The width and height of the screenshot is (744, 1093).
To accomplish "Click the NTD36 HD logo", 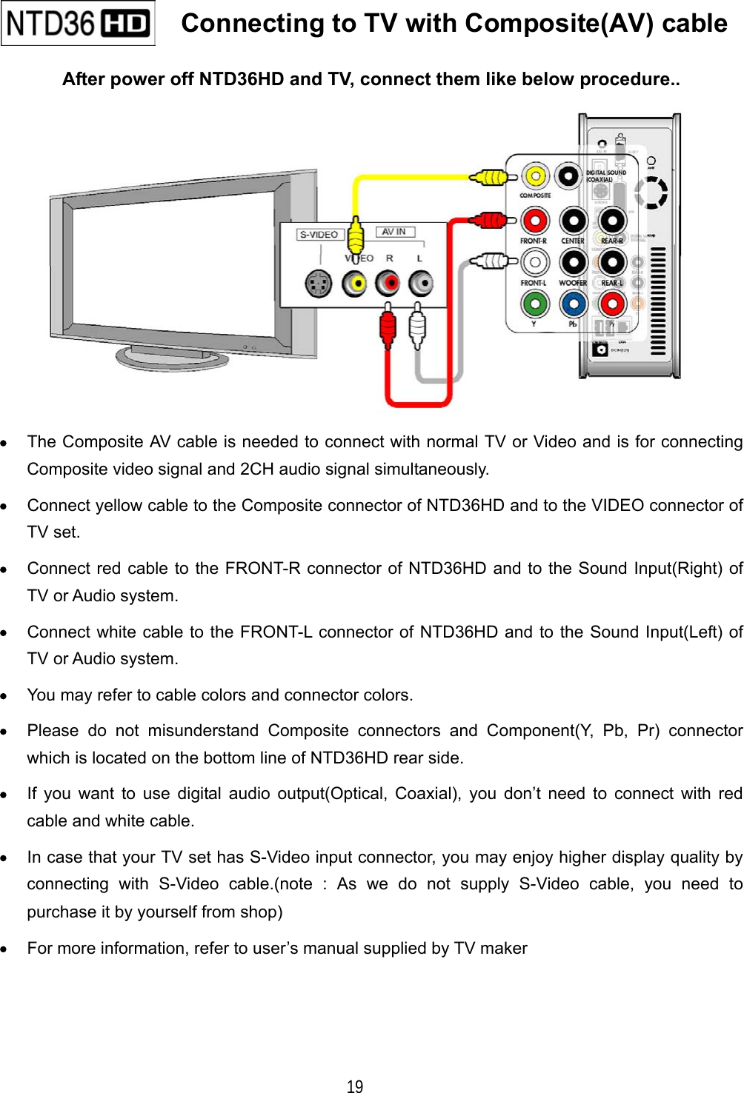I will coord(78,24).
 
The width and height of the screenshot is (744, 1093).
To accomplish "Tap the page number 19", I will coord(355,1086).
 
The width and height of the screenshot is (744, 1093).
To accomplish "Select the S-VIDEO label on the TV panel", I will coord(319,235).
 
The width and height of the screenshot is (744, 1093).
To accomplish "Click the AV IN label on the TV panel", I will coord(393,232).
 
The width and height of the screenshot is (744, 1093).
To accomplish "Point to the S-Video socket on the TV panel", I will coord(319,284).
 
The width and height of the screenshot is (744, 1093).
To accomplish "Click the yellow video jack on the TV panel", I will coord(355,283).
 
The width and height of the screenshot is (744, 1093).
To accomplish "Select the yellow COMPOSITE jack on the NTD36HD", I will coord(534,176).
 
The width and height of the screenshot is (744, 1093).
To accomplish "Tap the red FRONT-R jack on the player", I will coord(534,220).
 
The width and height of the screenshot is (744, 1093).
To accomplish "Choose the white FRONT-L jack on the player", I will coord(534,262).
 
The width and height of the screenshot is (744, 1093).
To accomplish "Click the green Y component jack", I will coord(534,304).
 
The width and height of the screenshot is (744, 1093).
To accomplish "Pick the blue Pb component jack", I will coord(573,304).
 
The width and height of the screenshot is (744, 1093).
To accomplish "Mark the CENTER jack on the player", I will coord(573,220).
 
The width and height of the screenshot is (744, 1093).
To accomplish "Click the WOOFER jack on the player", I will coord(573,262).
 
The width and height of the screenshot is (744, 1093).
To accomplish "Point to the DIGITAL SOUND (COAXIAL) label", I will coord(605,176).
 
